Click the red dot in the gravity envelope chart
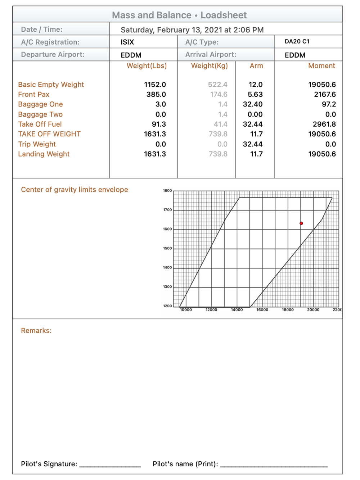tap(301, 223)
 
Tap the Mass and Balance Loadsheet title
tap(179, 15)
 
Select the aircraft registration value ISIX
tap(127, 42)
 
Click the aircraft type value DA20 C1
tap(297, 41)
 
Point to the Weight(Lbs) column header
tap(147, 66)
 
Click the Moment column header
tap(321, 66)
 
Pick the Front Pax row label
tap(34, 95)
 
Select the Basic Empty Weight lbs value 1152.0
tap(155, 85)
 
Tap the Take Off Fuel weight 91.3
tap(159, 124)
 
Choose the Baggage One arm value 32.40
tap(253, 104)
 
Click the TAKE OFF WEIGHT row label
tap(49, 134)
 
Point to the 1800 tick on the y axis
tap(167, 191)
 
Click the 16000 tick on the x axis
tap(262, 310)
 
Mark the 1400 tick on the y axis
tap(167, 268)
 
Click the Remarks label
tap(36, 331)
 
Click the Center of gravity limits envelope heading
tap(75, 190)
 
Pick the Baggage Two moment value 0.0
tap(330, 114)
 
